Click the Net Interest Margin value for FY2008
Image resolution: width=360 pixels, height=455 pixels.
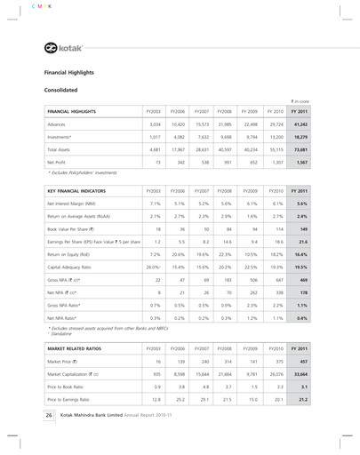tap(242, 204)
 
